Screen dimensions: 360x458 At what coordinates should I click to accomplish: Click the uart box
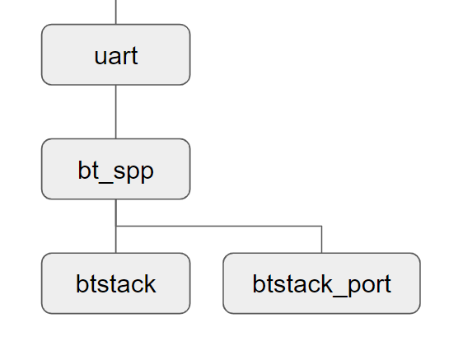pos(115,54)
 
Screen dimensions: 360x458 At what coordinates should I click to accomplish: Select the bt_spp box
pos(115,169)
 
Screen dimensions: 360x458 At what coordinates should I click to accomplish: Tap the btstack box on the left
pos(115,283)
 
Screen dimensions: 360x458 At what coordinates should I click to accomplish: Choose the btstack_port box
pos(321,283)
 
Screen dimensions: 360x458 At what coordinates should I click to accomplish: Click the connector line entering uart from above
pos(115,12)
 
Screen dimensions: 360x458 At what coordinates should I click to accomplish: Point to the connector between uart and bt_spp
pos(115,111)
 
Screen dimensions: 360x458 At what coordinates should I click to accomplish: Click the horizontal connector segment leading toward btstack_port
pos(218,226)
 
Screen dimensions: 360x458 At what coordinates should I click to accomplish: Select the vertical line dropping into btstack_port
pos(321,240)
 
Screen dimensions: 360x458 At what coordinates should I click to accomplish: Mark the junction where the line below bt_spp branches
pos(115,226)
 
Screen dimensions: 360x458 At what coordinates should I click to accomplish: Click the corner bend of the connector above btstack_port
pos(321,226)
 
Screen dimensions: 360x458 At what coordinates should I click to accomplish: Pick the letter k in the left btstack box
pos(148,283)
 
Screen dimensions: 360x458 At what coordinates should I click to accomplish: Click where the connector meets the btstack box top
pos(115,253)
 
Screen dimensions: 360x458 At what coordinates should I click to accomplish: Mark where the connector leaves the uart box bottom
pos(115,84)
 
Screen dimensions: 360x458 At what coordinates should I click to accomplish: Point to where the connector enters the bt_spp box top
pos(115,139)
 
